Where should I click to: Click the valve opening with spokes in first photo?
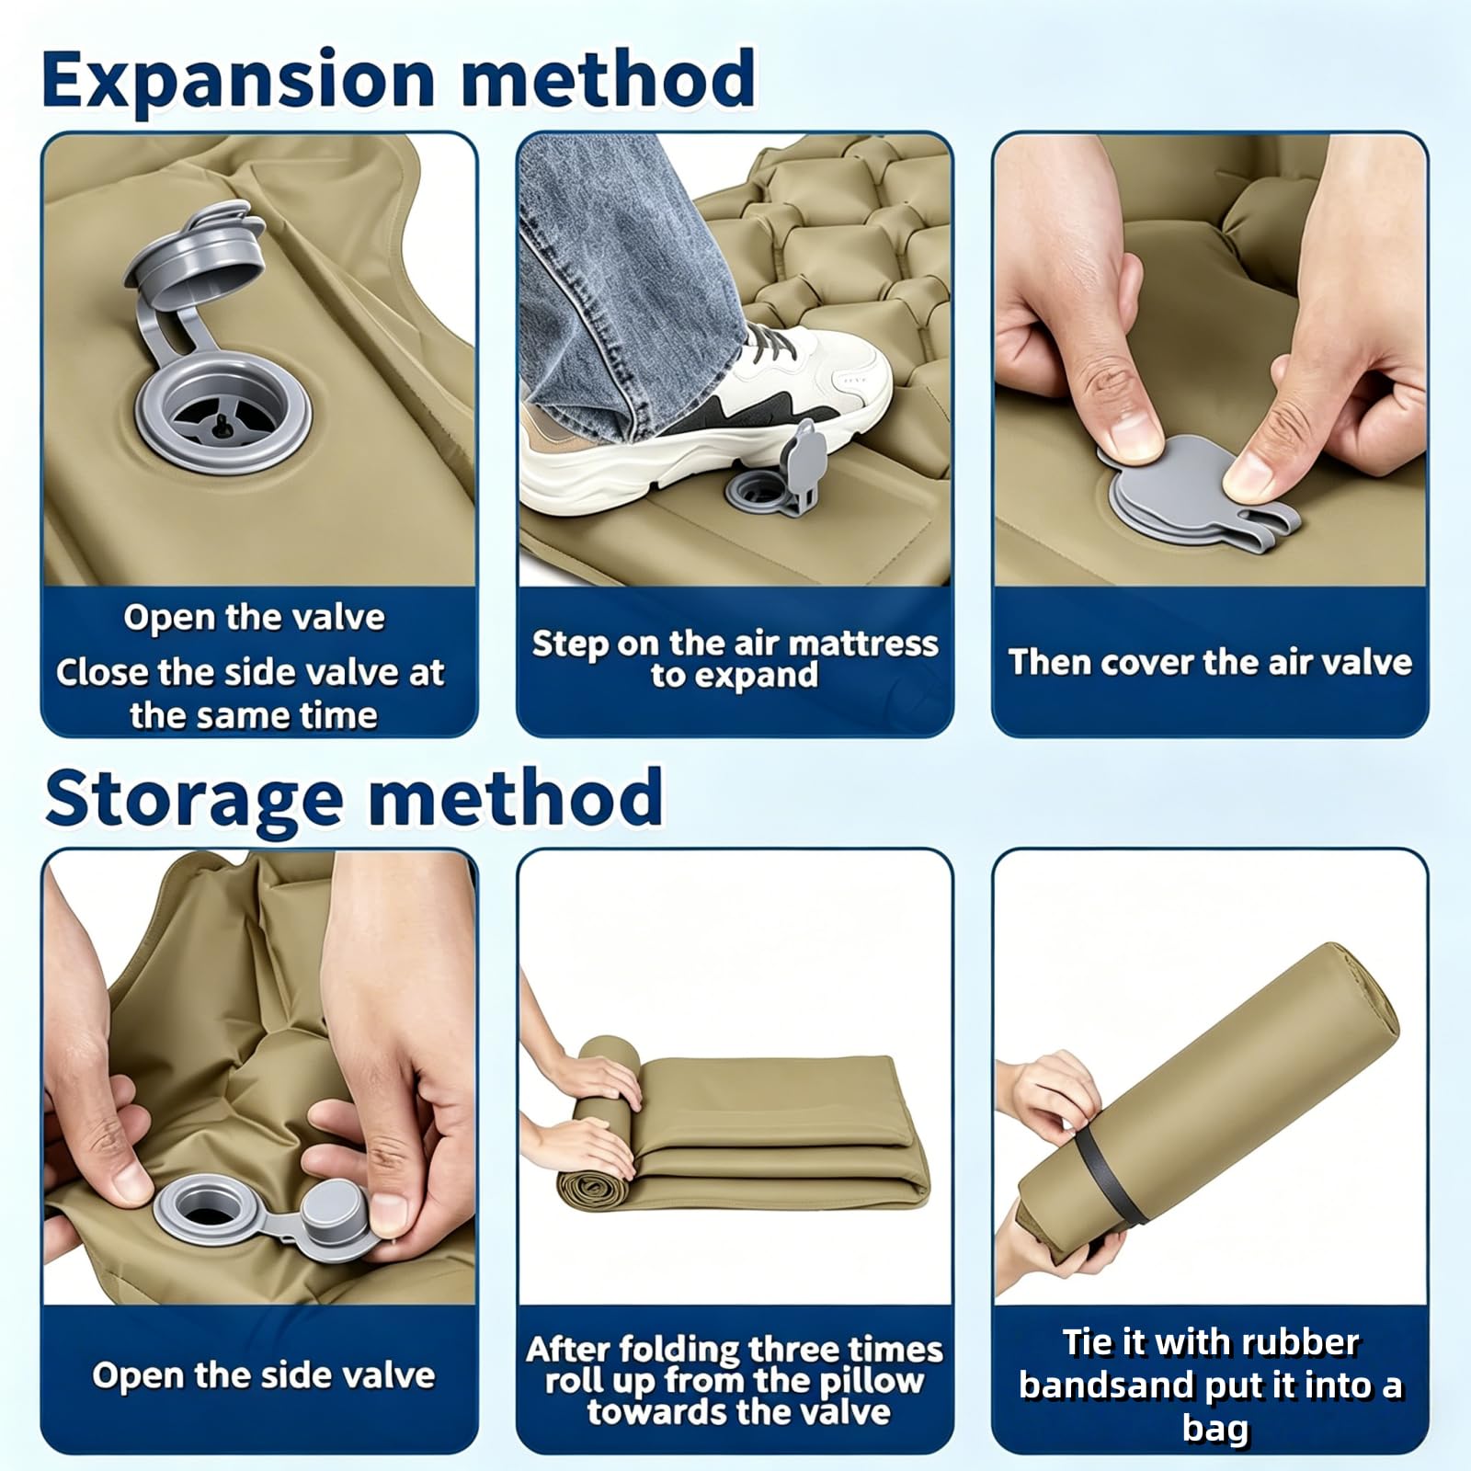223,415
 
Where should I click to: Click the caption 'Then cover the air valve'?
1210,662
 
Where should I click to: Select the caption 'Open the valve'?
255,617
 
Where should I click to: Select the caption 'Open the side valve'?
264,1375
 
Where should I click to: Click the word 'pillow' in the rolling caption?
870,1381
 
